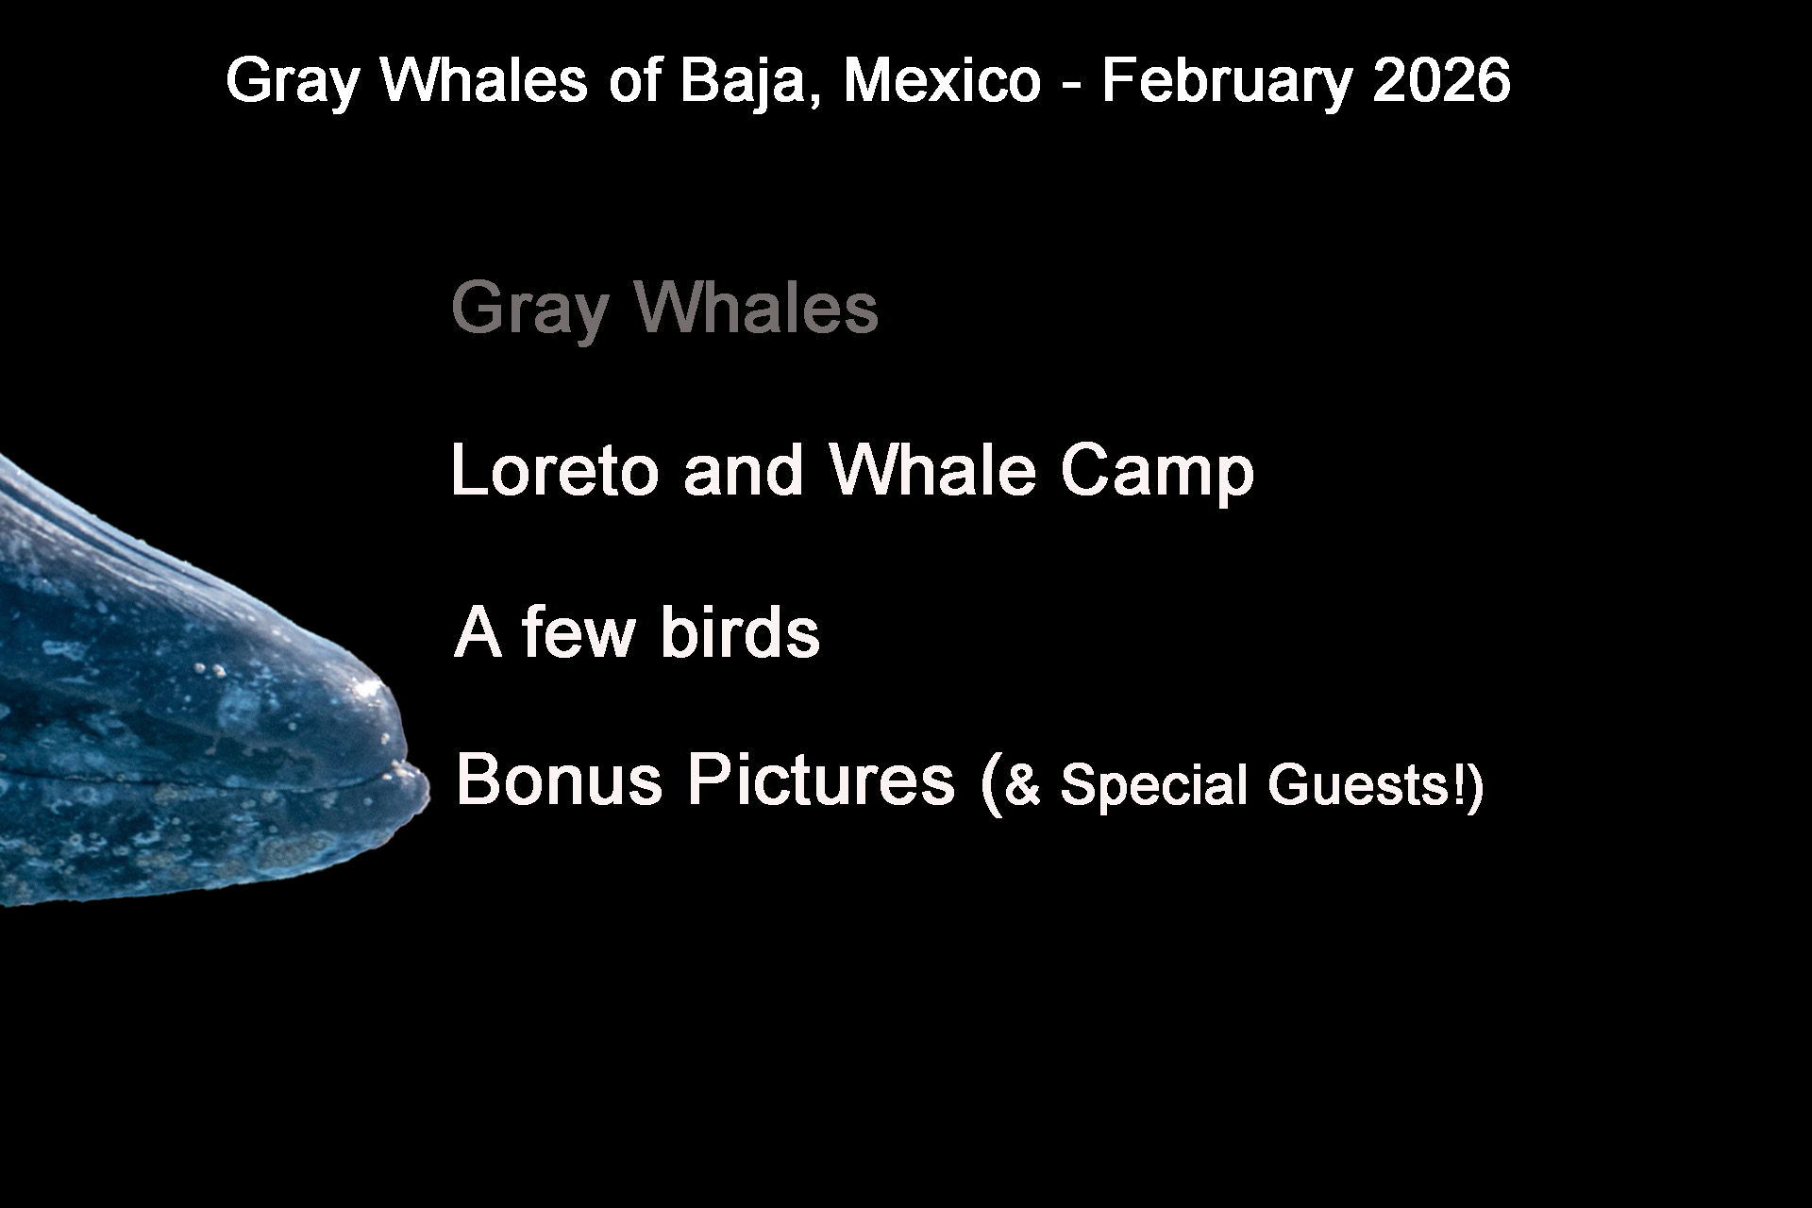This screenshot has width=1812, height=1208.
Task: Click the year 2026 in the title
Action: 1442,80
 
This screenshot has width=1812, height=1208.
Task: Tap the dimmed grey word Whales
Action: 757,307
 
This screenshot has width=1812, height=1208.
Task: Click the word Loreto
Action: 555,469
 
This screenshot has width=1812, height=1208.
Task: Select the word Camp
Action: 1157,473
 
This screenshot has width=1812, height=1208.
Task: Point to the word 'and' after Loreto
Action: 744,469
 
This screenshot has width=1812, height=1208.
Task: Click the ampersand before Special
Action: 1023,785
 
